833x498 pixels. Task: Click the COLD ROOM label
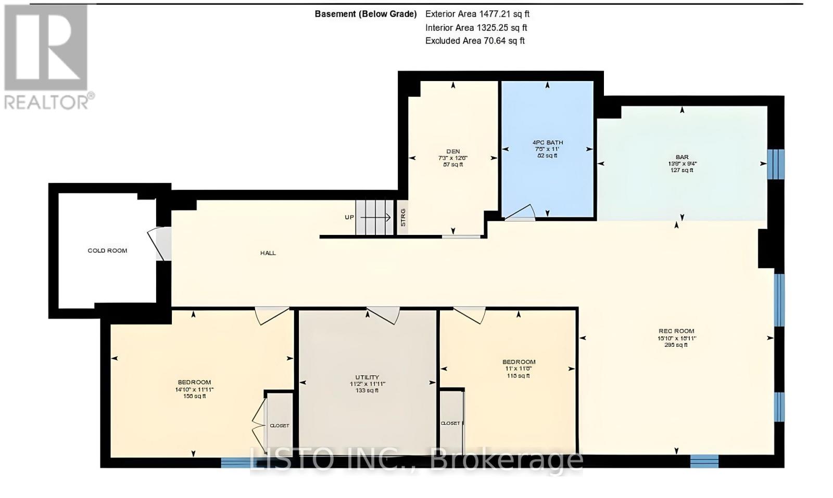coord(107,251)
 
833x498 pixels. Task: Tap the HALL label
coord(268,253)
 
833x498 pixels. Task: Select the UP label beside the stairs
coord(349,217)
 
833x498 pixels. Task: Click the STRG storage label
coord(403,217)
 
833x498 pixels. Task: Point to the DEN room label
coord(452,152)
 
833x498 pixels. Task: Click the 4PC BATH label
coord(547,142)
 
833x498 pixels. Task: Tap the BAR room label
coord(682,156)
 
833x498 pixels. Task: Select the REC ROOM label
coord(676,331)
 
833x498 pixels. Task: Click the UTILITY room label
coord(368,377)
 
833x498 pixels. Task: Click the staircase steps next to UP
coord(375,218)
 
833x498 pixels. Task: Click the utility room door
coord(383,314)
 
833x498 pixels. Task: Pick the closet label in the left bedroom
coord(279,426)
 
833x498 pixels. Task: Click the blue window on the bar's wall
coord(776,164)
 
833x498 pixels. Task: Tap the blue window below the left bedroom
coord(235,462)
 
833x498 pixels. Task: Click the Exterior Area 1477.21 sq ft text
coord(477,15)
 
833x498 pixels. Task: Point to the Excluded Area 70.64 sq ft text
coord(475,41)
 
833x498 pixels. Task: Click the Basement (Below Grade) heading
coord(365,15)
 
